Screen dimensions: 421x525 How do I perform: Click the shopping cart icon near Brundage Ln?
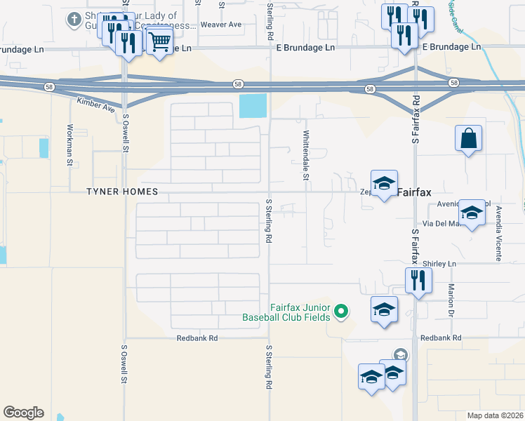pyautogui.click(x=160, y=42)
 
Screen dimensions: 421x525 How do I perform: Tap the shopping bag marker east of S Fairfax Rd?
pyautogui.click(x=468, y=139)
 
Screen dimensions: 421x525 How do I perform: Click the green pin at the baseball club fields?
pyautogui.click(x=342, y=311)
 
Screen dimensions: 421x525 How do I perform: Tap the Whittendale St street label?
pyautogui.click(x=306, y=155)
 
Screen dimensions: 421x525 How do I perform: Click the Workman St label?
pyautogui.click(x=69, y=145)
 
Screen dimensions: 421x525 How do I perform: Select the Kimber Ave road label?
pyautogui.click(x=96, y=107)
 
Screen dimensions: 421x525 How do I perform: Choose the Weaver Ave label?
pyautogui.click(x=220, y=25)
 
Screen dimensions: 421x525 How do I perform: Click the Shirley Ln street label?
pyautogui.click(x=441, y=264)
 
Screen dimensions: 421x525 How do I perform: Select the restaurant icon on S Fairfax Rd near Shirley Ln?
pyautogui.click(x=418, y=281)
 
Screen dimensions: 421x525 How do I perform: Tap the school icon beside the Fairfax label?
pyautogui.click(x=384, y=184)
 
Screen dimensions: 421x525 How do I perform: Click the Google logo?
pyautogui.click(x=23, y=413)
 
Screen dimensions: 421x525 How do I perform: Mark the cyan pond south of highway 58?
pyautogui.click(x=253, y=106)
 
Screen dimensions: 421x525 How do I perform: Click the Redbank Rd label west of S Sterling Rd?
pyautogui.click(x=197, y=338)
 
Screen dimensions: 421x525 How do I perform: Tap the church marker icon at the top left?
pyautogui.click(x=74, y=19)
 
